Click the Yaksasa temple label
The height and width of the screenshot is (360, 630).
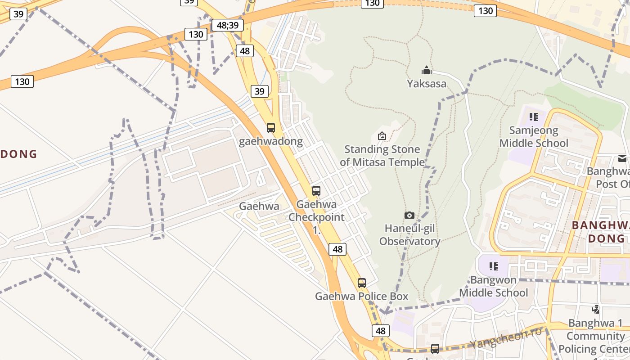[x=427, y=84]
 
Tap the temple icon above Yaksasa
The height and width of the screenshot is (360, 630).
[x=427, y=70]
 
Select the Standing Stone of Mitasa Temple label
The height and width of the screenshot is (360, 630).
[x=382, y=156]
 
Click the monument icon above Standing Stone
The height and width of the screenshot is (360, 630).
[x=382, y=135]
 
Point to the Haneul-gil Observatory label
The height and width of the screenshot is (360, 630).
[x=409, y=235]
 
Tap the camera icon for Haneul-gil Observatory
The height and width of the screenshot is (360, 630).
[x=409, y=216]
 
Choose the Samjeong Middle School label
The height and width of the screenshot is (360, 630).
[x=534, y=137]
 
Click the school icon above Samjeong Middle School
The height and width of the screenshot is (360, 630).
[x=534, y=117]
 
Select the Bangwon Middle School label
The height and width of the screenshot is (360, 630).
[x=493, y=286]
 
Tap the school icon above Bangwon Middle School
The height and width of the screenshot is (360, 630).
[x=494, y=266]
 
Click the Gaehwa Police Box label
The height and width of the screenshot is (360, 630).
[x=362, y=297]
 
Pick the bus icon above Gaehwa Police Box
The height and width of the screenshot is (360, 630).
[x=362, y=283]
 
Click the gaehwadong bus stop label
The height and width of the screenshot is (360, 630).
[x=270, y=141]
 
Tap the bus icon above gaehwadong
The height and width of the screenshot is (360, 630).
[x=270, y=128]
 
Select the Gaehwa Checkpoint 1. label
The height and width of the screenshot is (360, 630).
[x=316, y=217]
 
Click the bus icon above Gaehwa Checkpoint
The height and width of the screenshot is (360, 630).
[x=316, y=191]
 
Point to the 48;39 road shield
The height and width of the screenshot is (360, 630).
[x=228, y=25]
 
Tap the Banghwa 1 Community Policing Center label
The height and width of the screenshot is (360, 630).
[x=595, y=336]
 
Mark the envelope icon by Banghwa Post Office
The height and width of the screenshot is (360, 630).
[x=622, y=158]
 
